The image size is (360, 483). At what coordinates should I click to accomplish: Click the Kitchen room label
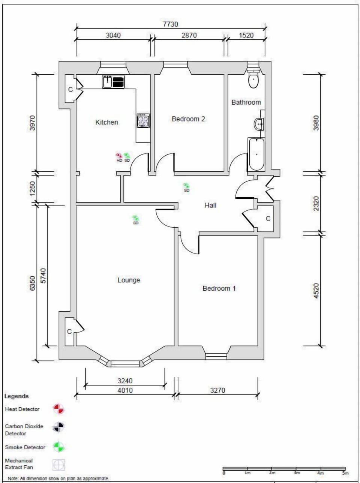tap(106, 122)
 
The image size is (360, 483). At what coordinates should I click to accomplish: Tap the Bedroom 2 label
tap(188, 119)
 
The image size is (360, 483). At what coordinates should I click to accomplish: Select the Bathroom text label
tap(246, 102)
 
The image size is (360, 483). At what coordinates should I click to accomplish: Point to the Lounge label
tap(129, 280)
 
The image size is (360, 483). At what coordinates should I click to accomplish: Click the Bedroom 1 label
tap(219, 288)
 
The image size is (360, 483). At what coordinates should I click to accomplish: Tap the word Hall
tap(210, 205)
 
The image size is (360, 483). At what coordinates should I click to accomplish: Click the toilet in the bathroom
tap(253, 80)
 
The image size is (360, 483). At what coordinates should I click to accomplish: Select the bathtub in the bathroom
tap(256, 154)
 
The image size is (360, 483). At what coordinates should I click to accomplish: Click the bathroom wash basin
tap(259, 123)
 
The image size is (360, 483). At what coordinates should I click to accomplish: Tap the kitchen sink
tap(108, 82)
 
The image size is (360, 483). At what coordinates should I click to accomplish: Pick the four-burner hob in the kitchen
tap(143, 121)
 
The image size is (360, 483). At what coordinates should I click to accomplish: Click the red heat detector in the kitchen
tap(119, 156)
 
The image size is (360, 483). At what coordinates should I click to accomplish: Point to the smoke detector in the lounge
tap(135, 218)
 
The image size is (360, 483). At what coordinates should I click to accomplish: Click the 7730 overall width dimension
tap(170, 24)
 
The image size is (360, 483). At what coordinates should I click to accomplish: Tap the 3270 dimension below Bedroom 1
tap(217, 390)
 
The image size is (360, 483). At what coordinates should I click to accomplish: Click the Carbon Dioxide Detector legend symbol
tap(58, 427)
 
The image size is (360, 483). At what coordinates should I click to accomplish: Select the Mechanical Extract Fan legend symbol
tap(58, 465)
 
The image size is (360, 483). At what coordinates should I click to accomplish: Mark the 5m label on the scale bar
tap(345, 473)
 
